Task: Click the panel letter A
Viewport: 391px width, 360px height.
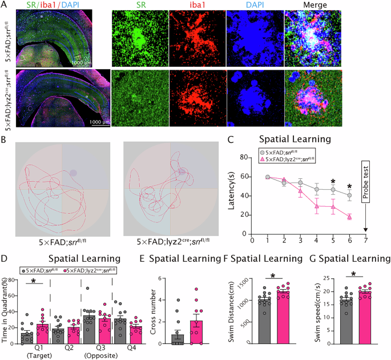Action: tap(4, 5)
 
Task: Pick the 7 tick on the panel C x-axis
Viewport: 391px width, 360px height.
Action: tap(365, 234)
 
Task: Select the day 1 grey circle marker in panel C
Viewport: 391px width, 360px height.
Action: tap(267, 177)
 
